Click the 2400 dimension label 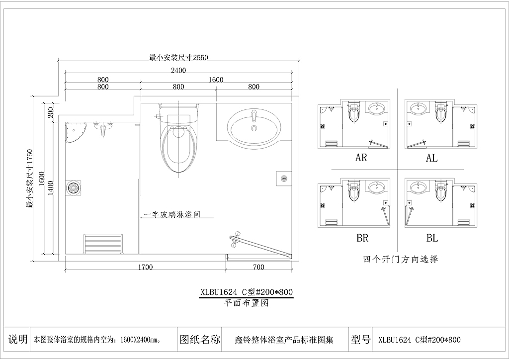coord(178,71)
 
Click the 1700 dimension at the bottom coord(145,267)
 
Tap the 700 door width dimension coord(258,267)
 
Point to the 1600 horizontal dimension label coord(216,80)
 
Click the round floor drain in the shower coord(73,188)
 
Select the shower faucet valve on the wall coord(103,128)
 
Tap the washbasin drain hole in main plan coord(254,128)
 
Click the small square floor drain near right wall coord(284,178)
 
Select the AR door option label coord(361,158)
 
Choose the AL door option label coord(432,158)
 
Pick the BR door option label coord(362,238)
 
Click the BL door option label coord(432,238)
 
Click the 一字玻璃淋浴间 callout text coord(172,214)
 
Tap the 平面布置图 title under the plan coord(247,303)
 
